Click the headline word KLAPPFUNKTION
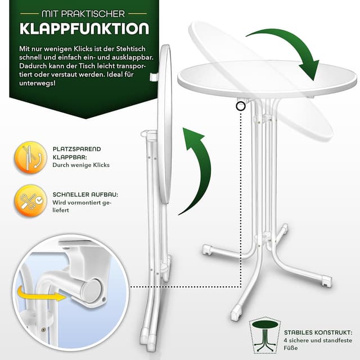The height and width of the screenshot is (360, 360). pyautogui.click(x=84, y=29)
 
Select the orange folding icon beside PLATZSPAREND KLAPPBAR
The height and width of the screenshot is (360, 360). pyautogui.click(x=30, y=157)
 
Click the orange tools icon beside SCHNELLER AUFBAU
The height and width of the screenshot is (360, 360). pyautogui.click(x=30, y=201)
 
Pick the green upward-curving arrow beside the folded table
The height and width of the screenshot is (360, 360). pyautogui.click(x=197, y=166)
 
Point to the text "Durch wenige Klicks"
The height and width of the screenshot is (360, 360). pyautogui.click(x=81, y=165)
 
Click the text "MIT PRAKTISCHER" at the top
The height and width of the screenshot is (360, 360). pyautogui.click(x=84, y=11)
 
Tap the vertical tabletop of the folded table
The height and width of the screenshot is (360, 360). pyautogui.click(x=164, y=124)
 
